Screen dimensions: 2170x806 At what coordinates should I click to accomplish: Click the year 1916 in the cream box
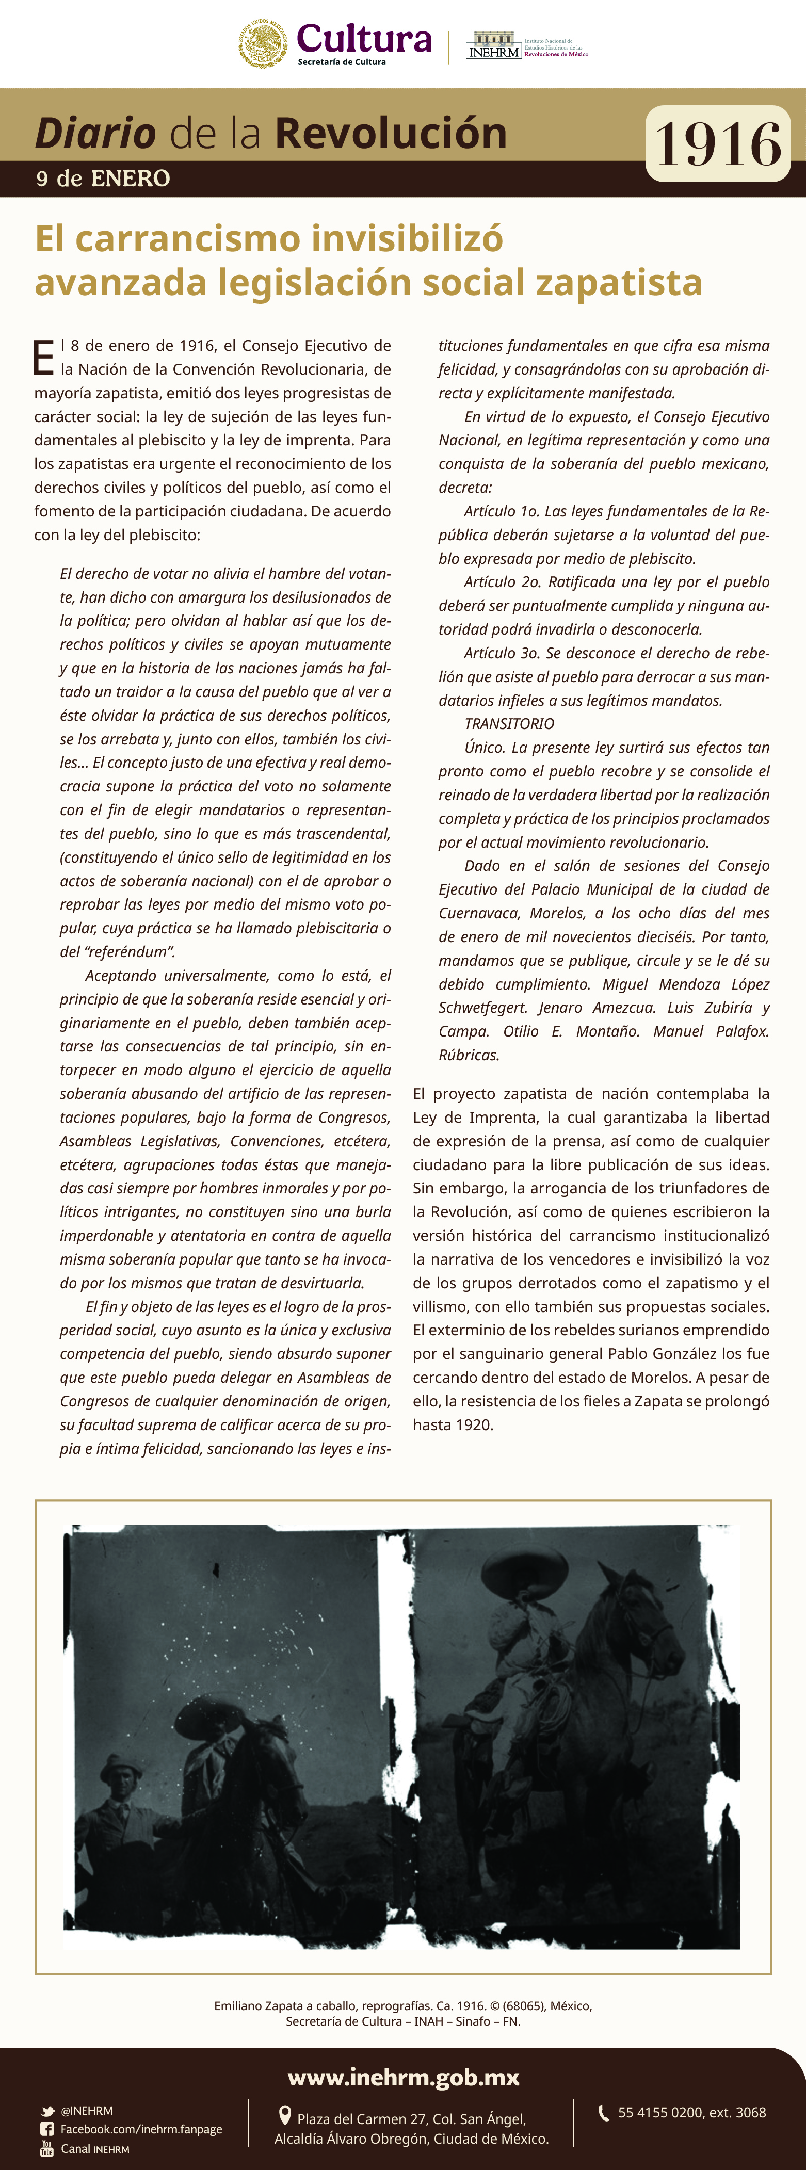coord(718,144)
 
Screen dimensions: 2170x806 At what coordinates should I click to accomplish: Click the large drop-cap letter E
coord(44,358)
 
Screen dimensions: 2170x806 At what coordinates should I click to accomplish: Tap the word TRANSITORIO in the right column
coord(509,724)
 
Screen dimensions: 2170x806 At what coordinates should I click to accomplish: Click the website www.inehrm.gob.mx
coord(404,2077)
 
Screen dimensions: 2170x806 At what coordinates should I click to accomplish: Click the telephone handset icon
coord(603,2113)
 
